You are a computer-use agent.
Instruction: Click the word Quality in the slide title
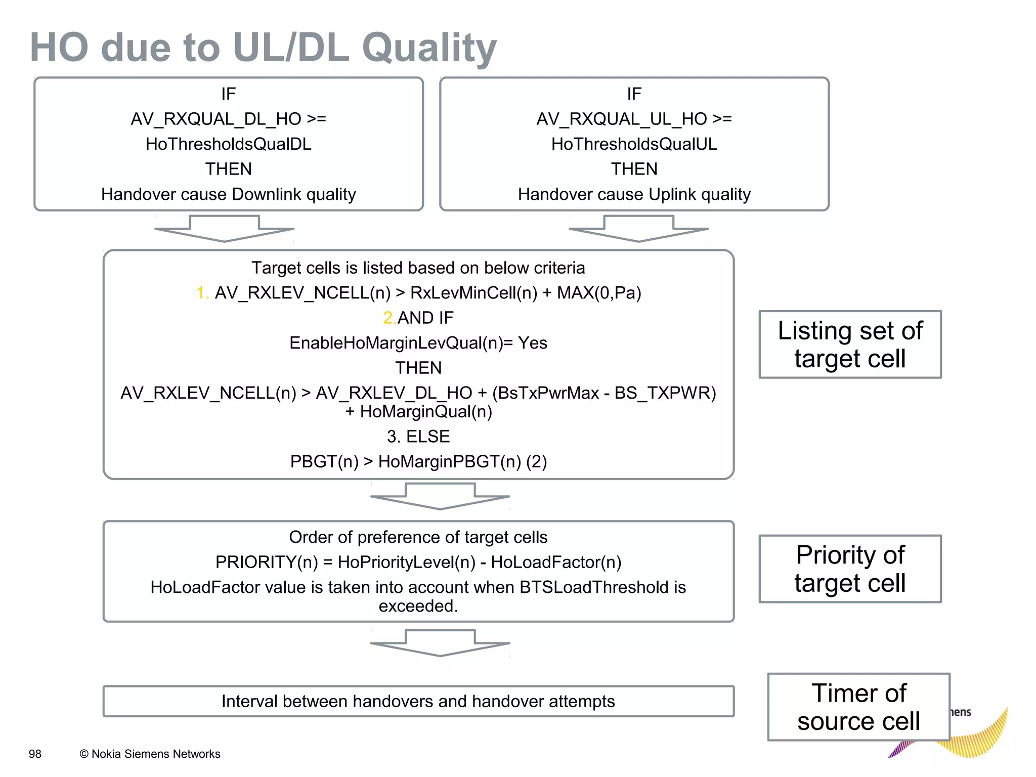(x=429, y=48)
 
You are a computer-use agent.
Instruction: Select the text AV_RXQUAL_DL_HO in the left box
(x=216, y=119)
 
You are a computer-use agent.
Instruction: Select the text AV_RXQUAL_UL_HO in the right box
(x=622, y=119)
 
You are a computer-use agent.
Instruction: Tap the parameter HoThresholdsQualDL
(x=229, y=144)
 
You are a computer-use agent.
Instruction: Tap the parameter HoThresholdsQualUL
(x=634, y=144)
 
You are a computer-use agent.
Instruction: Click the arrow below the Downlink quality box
(x=224, y=228)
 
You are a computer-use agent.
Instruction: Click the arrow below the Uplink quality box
(x=638, y=228)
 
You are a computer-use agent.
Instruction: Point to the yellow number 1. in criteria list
(x=202, y=293)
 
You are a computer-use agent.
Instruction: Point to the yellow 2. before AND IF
(x=389, y=318)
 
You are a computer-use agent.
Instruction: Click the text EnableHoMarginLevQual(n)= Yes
(x=418, y=343)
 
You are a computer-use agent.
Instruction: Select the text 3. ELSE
(x=418, y=437)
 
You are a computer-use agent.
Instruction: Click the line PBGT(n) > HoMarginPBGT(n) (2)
(x=418, y=461)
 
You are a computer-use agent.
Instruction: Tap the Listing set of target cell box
(x=850, y=344)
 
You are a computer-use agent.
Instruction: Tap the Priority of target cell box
(x=850, y=569)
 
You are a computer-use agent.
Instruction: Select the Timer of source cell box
(x=858, y=707)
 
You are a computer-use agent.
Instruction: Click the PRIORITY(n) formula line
(x=418, y=562)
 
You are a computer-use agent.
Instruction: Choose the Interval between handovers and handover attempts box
(x=418, y=701)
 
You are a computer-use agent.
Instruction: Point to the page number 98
(x=35, y=754)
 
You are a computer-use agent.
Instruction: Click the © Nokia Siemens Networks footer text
(x=150, y=754)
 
